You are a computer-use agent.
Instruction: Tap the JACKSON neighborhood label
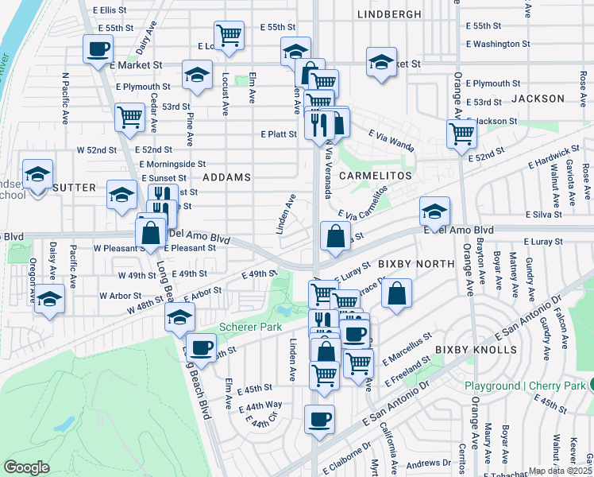point(538,99)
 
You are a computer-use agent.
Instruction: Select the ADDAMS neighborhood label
point(226,176)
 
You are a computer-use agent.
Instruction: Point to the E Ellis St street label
point(109,10)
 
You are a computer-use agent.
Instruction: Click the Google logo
point(27,467)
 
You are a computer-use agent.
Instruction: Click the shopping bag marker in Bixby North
point(396,293)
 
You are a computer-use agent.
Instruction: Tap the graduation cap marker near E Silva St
point(434,211)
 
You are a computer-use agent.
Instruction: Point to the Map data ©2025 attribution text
point(561,470)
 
